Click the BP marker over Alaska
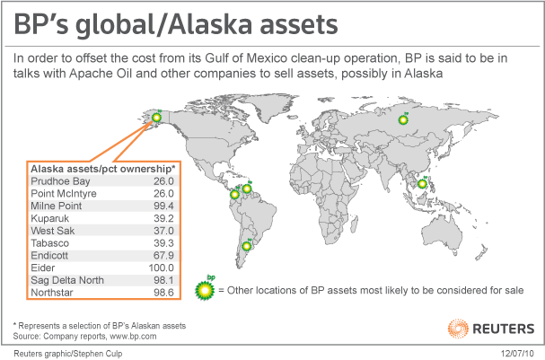click(x=158, y=116)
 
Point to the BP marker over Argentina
click(x=246, y=245)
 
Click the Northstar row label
click(x=53, y=293)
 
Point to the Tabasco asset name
click(x=50, y=242)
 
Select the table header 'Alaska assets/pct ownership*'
click(x=95, y=167)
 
